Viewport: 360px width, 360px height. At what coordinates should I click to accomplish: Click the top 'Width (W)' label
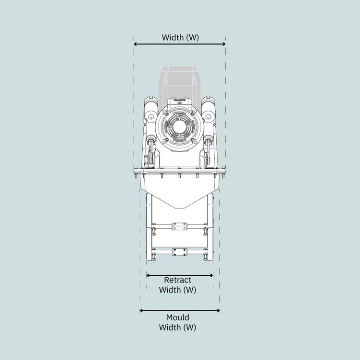[x=180, y=37]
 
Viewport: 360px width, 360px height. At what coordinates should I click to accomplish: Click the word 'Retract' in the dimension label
[x=178, y=280]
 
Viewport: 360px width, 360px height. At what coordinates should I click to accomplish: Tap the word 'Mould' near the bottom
[x=178, y=318]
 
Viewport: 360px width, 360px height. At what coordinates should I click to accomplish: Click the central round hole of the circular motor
[x=179, y=127]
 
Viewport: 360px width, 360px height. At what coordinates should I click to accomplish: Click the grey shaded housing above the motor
[x=180, y=80]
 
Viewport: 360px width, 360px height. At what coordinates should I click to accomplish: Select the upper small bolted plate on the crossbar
[x=179, y=227]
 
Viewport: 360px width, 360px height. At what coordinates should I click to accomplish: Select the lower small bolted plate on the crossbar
[x=179, y=252]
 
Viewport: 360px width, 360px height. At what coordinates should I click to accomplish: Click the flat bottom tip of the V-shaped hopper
[x=179, y=207]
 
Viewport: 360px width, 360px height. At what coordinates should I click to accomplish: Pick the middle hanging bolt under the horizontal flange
[x=179, y=176]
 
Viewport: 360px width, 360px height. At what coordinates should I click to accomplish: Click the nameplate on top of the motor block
[x=179, y=100]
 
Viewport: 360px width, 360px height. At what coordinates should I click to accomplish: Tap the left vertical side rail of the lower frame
[x=148, y=230]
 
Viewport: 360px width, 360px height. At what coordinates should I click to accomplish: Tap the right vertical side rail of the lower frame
[x=211, y=230]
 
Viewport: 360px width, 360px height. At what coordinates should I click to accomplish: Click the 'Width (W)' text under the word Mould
[x=178, y=328]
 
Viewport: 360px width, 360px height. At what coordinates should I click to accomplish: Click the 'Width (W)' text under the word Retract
[x=178, y=290]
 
